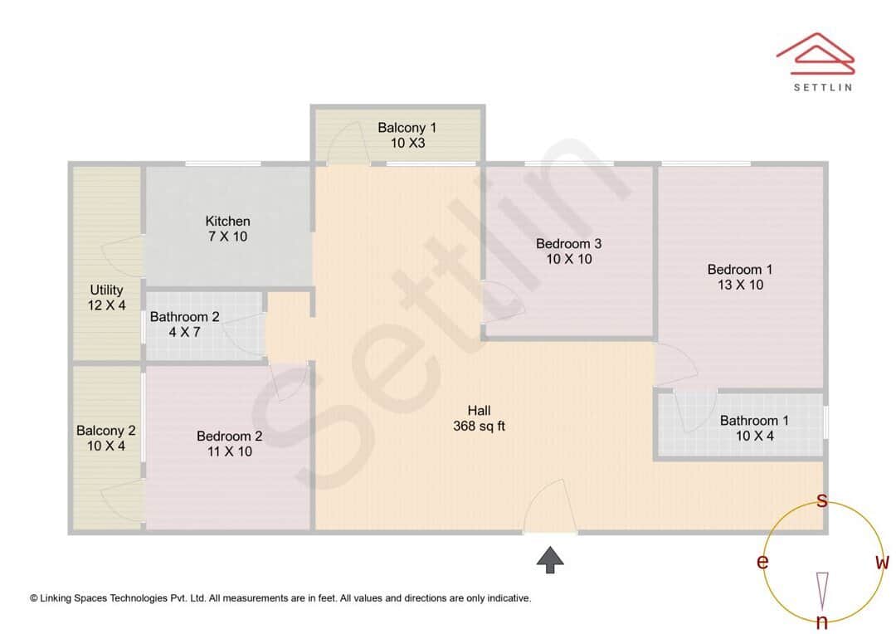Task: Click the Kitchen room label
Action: pyautogui.click(x=227, y=229)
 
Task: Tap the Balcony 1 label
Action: pyautogui.click(x=407, y=135)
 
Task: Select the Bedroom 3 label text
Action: pyautogui.click(x=568, y=251)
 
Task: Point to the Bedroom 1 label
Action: pyautogui.click(x=740, y=277)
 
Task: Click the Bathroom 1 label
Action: pyautogui.click(x=754, y=428)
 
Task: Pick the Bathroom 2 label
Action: pyautogui.click(x=184, y=324)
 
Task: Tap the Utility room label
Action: pyautogui.click(x=107, y=298)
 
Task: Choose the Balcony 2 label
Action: pyautogui.click(x=105, y=438)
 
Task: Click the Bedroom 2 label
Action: pyautogui.click(x=229, y=444)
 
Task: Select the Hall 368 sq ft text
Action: pyautogui.click(x=479, y=418)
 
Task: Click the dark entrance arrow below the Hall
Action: pyautogui.click(x=549, y=560)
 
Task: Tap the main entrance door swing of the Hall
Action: pyautogui.click(x=548, y=506)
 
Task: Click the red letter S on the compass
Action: pyautogui.click(x=821, y=500)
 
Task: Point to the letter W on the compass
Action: pyautogui.click(x=882, y=563)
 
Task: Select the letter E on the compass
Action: pyautogui.click(x=762, y=563)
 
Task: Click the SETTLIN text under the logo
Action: pyautogui.click(x=822, y=87)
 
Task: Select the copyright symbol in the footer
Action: pyautogui.click(x=33, y=597)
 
